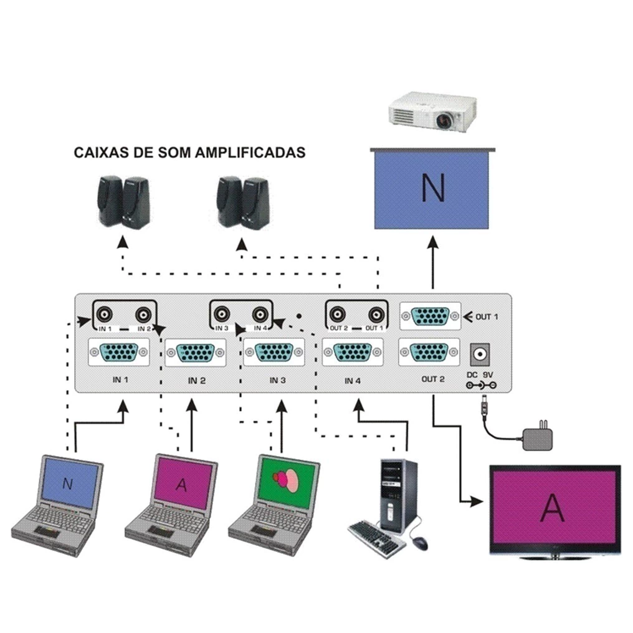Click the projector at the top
[432, 112]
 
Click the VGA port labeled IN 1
[119, 352]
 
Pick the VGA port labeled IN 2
[194, 353]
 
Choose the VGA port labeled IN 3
[274, 353]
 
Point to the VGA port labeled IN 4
[353, 353]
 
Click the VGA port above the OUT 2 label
[429, 352]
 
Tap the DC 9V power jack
[481, 355]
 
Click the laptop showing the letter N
[59, 505]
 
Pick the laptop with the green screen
[275, 505]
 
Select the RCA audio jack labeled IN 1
[106, 313]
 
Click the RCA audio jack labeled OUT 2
[339, 314]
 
